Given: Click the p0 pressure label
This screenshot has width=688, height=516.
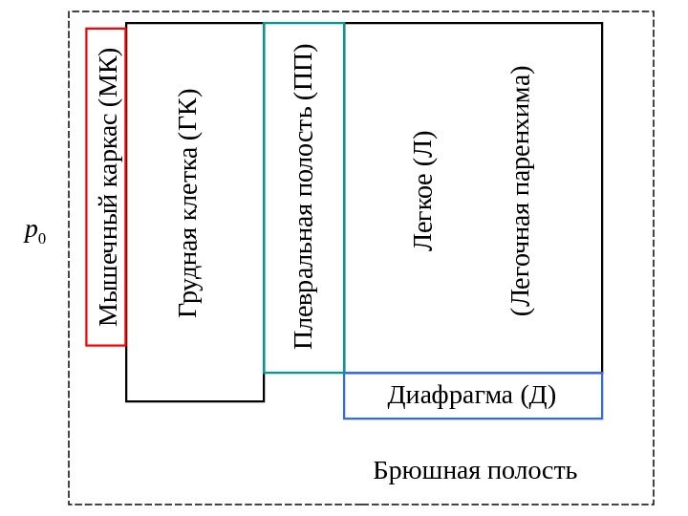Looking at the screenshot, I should point(34,232).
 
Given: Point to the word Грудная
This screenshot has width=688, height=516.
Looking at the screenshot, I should point(188,280).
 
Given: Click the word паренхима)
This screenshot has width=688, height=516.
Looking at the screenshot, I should point(521,140).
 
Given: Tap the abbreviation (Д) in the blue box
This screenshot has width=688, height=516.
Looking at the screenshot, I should point(538,396).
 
